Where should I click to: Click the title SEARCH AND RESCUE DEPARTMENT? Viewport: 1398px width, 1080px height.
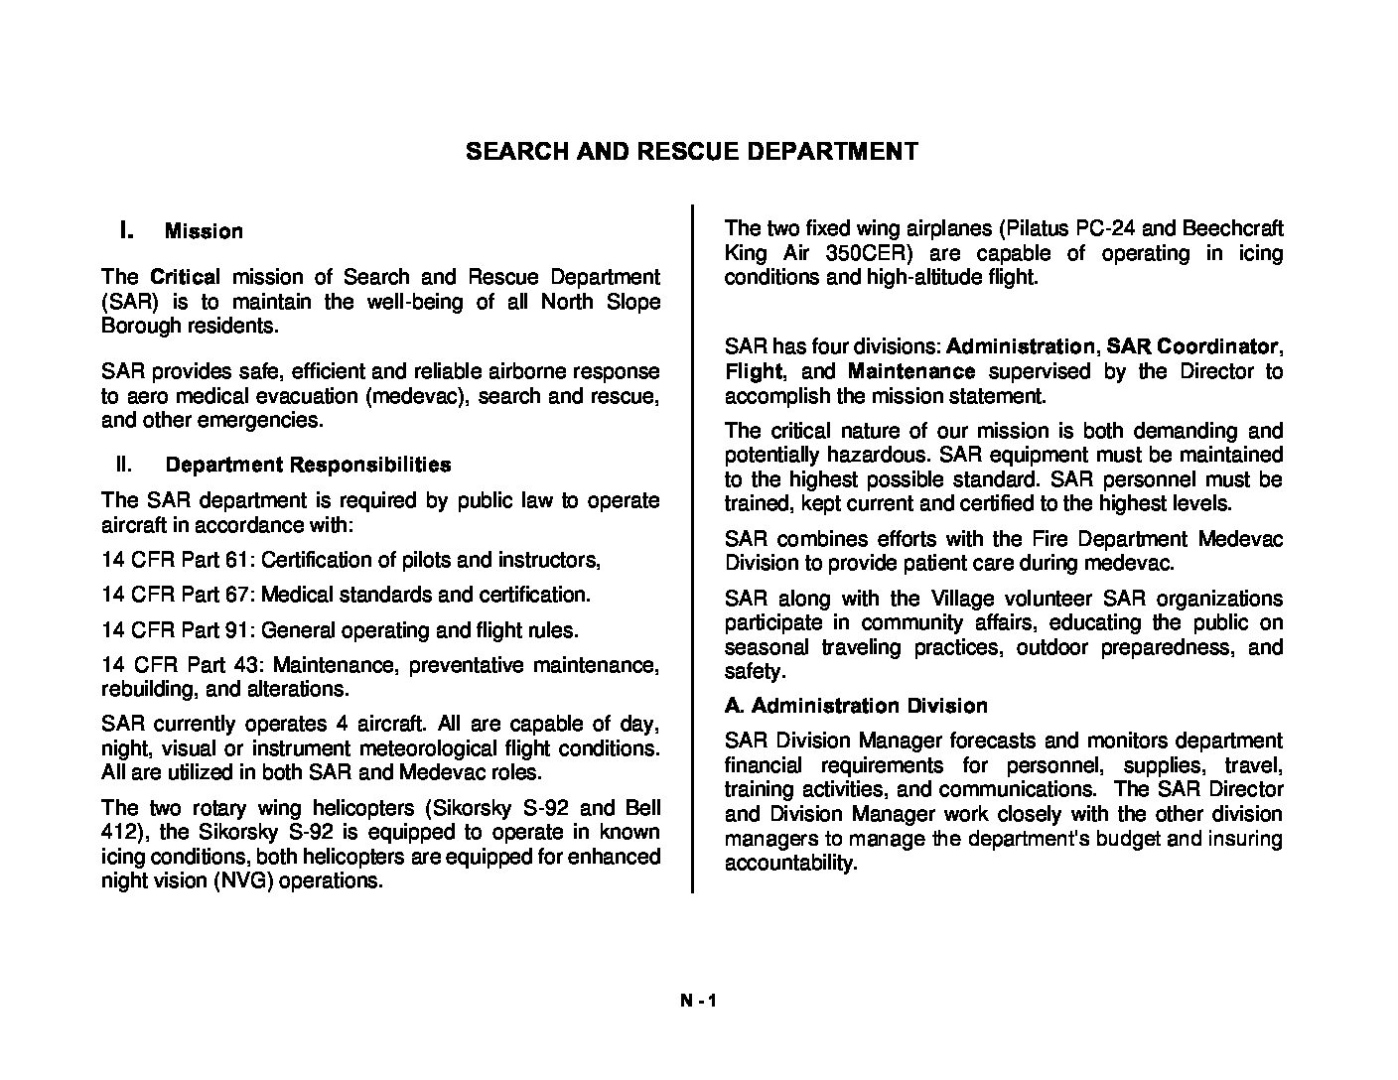pyautogui.click(x=692, y=152)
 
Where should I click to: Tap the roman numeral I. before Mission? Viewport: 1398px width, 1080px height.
pyautogui.click(x=126, y=230)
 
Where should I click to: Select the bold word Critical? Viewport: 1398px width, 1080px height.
pyautogui.click(x=185, y=277)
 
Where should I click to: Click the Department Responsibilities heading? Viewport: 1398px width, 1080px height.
pyautogui.click(x=308, y=465)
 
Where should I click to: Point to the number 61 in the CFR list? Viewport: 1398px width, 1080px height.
pyautogui.click(x=236, y=560)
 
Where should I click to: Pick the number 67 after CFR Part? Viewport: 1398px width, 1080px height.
pyautogui.click(x=236, y=595)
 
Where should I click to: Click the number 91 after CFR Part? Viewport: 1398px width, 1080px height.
pyautogui.click(x=236, y=630)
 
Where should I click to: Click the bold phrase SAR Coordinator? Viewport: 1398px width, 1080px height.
pyautogui.click(x=1191, y=346)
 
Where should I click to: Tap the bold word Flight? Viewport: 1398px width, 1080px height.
pyautogui.click(x=754, y=371)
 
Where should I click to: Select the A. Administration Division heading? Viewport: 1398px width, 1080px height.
pyautogui.click(x=856, y=706)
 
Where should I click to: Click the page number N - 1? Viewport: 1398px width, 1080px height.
pyautogui.click(x=698, y=1001)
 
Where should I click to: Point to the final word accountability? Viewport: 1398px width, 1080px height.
pyautogui.click(x=789, y=864)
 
